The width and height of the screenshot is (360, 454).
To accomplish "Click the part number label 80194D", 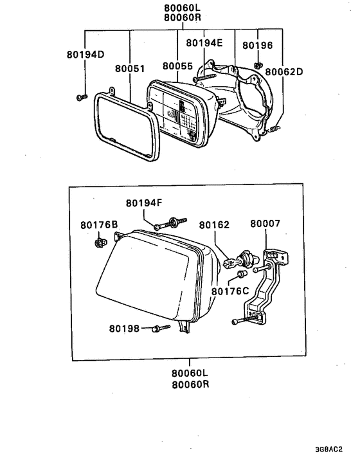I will [85, 55].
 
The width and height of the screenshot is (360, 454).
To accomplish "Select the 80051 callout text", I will [130, 67].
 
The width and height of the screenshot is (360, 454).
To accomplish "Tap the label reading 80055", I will [177, 66].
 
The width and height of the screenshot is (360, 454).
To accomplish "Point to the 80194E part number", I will [204, 43].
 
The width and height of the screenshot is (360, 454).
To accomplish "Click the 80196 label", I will [258, 46].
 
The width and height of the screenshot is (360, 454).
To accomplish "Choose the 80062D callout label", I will [285, 72].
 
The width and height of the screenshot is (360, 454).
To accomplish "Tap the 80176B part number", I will [100, 225].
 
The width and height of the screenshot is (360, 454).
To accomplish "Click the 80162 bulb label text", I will [214, 225].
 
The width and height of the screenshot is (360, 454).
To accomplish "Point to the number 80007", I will [265, 225].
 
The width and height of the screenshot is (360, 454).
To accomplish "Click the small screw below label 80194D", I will [82, 96].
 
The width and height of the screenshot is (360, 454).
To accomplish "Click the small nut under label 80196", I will [257, 64].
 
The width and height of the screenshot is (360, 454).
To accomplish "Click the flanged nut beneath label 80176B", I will [100, 242].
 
